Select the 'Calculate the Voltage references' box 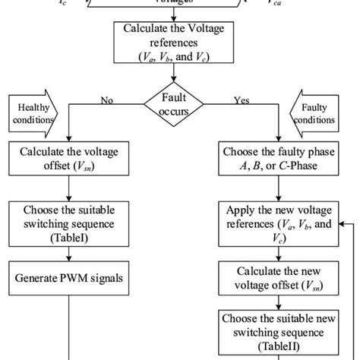click(175, 43)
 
